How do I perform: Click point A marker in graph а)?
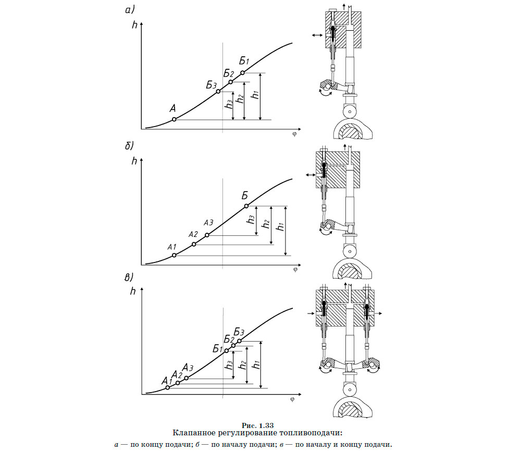(x=174, y=119)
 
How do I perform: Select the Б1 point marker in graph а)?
(x=242, y=72)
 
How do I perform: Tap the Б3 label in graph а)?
(x=211, y=85)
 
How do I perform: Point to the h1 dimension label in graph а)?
(x=255, y=95)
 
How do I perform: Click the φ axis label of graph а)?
(x=294, y=133)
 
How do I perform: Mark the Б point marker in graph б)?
(x=246, y=206)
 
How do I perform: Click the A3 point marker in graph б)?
(x=207, y=235)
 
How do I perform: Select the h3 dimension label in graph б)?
(x=252, y=220)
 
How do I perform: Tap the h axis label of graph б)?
(x=134, y=161)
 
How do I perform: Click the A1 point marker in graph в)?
(x=167, y=387)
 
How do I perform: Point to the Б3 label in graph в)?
(x=239, y=332)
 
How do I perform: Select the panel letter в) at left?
(x=129, y=277)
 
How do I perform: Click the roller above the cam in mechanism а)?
(x=349, y=111)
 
